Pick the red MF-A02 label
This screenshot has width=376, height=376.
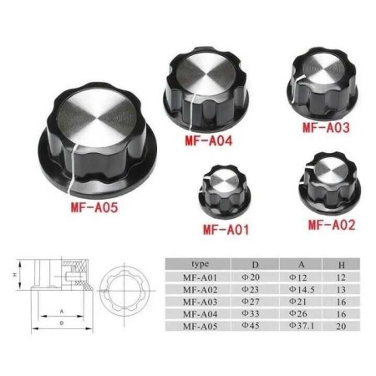pos(332,223)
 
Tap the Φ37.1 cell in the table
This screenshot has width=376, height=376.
pos(300,328)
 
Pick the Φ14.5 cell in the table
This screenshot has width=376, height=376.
pos(300,288)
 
